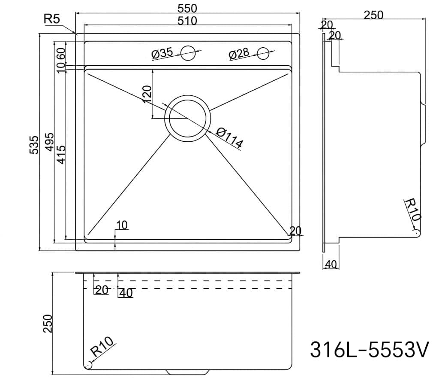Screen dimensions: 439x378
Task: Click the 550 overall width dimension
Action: tap(187, 9)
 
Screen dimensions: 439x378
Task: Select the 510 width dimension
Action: tap(187, 21)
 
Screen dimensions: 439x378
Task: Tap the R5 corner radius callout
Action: tap(52, 19)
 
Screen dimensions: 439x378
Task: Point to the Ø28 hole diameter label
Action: tap(238, 54)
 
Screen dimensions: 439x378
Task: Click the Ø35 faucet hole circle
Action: tap(188, 53)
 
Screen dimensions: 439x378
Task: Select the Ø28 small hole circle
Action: tap(263, 53)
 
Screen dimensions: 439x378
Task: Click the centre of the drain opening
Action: tap(188, 118)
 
